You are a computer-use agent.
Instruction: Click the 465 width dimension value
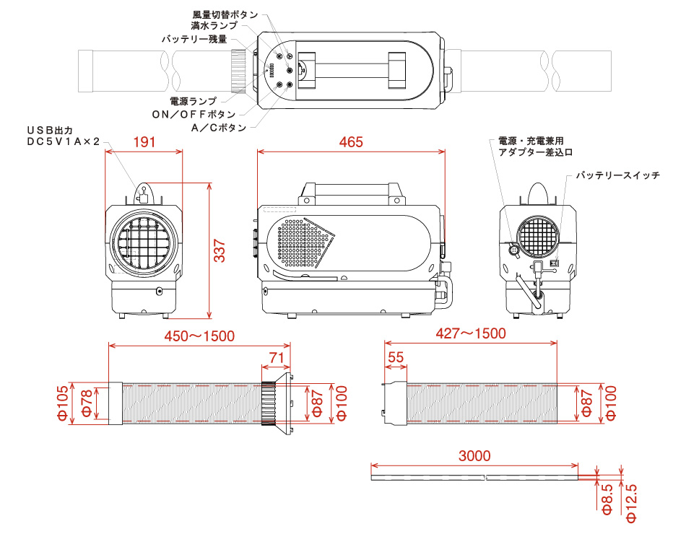click(351, 142)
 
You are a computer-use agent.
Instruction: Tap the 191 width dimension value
click(144, 142)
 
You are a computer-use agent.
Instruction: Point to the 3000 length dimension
click(474, 455)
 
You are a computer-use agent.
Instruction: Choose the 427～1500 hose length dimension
click(471, 333)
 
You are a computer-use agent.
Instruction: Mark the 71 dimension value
click(276, 357)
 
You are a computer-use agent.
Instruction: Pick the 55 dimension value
click(395, 357)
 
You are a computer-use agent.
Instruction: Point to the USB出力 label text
click(50, 130)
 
